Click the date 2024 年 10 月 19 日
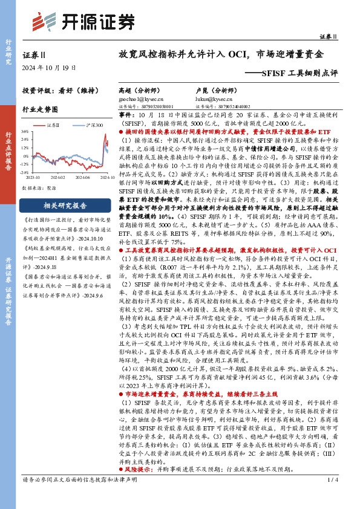pos(48,67)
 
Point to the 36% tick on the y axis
pos(26,131)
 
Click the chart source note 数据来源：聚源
pos(39,188)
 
